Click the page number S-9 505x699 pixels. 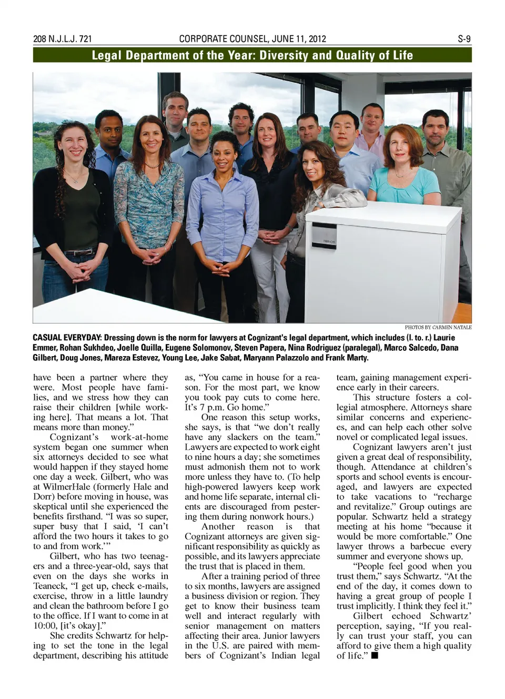pyautogui.click(x=463, y=39)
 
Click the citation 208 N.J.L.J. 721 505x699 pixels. pyautogui.click(x=62, y=39)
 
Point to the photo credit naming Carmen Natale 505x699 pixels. pyautogui.click(x=438, y=327)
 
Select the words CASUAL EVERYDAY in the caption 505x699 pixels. pyautogui.click(x=67, y=338)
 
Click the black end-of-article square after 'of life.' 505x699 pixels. pyautogui.click(x=374, y=655)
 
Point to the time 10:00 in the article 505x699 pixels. pyautogui.click(x=46, y=625)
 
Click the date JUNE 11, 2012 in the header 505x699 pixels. pyautogui.click(x=299, y=39)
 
